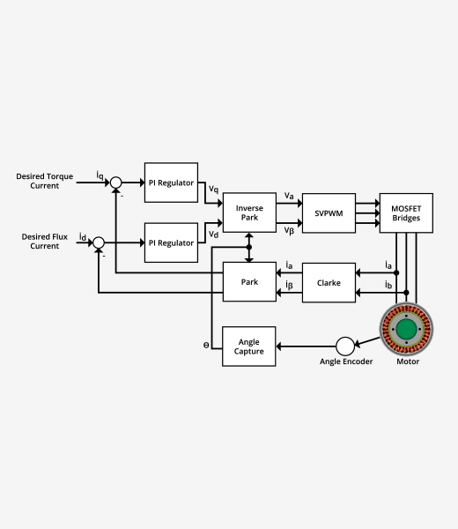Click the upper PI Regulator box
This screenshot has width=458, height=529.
[x=171, y=183]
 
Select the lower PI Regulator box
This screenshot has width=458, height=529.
[x=171, y=242]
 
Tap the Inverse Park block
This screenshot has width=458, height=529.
[x=249, y=212]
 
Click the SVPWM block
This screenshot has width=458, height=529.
[x=329, y=212]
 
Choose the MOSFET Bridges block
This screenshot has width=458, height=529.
[x=406, y=212]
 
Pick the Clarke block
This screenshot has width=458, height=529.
[x=329, y=282]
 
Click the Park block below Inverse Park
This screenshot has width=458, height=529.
[x=249, y=282]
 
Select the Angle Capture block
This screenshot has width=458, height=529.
[x=249, y=346]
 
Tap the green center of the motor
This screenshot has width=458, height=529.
[x=407, y=330]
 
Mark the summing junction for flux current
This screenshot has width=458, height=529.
[x=99, y=242]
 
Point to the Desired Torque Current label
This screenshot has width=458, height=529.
[x=43, y=182]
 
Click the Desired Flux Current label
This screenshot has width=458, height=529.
[x=40, y=242]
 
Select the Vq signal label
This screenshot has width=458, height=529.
[x=213, y=189]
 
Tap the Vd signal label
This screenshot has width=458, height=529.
[x=213, y=234]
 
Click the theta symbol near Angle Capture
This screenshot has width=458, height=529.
[x=205, y=346]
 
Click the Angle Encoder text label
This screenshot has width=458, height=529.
[x=345, y=361]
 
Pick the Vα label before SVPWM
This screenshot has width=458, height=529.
[x=289, y=196]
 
